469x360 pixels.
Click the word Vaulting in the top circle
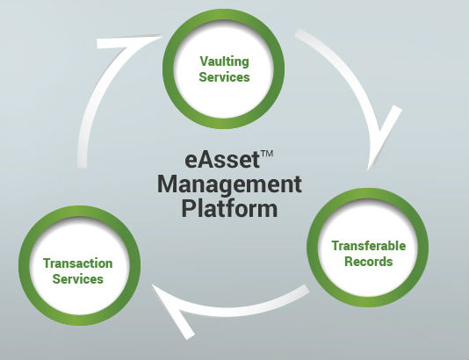point(224,62)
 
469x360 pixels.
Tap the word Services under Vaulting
point(224,77)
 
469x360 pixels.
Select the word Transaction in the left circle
point(78,263)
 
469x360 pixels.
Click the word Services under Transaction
point(78,279)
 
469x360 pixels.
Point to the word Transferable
point(369,246)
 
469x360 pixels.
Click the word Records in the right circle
point(369,262)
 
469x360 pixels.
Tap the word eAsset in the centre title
point(222,160)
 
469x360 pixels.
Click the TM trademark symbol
point(267,154)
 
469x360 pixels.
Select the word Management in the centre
point(229,185)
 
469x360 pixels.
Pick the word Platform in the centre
point(229,208)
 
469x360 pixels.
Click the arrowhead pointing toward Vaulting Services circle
point(127,42)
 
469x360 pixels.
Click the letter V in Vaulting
point(204,61)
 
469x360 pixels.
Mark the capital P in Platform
point(187,208)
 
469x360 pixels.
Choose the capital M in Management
point(167,184)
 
